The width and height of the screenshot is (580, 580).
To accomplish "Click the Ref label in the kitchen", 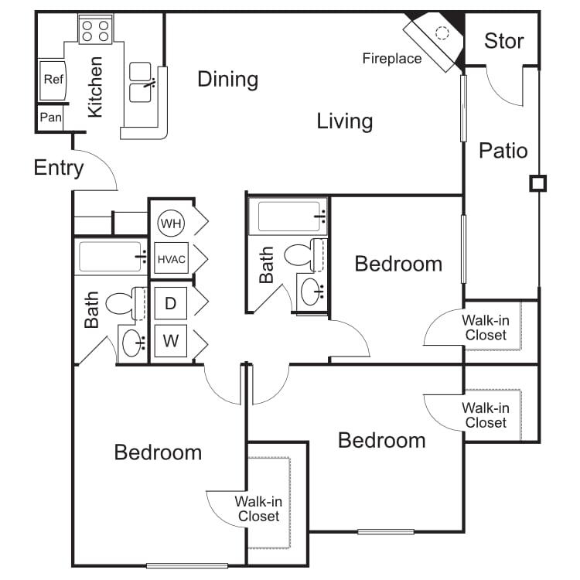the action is click(53, 79).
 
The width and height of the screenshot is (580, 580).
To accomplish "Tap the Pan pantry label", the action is click(51, 118).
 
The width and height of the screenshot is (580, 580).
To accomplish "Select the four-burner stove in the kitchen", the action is click(95, 29).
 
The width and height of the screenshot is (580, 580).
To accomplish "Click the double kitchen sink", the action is click(141, 82).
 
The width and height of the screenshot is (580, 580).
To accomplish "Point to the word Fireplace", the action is click(392, 59).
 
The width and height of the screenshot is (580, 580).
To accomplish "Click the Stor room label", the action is click(503, 41).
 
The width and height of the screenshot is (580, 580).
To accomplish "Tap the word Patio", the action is click(503, 151).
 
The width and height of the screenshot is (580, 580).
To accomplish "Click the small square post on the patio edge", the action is click(537, 183).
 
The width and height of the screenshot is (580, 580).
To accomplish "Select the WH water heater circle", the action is click(171, 223).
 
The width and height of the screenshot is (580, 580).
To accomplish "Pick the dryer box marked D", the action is click(171, 303).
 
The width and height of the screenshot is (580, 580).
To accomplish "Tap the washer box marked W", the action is click(171, 341).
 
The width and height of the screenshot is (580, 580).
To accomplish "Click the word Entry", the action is click(59, 169).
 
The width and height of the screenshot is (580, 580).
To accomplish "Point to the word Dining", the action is click(228, 80).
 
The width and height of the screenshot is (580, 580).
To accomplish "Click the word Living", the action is click(345, 121).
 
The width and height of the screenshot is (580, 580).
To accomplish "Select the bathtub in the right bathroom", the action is click(288, 217).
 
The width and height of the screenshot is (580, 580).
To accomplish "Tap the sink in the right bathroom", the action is click(311, 292).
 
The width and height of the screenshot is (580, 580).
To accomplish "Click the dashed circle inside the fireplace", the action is click(442, 33).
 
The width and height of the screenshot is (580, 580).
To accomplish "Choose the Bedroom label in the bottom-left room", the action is click(158, 452).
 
